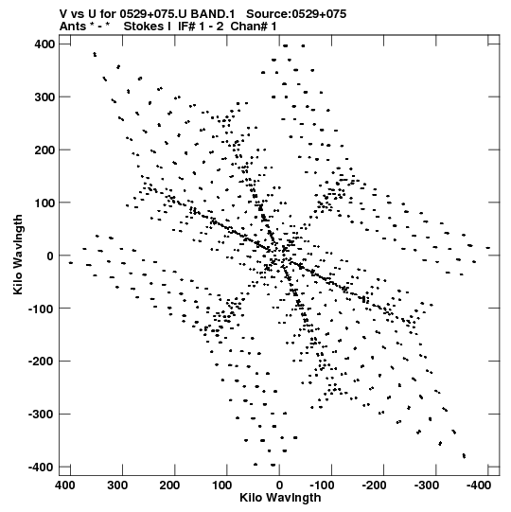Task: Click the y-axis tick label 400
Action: pos(44,44)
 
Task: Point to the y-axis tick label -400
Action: pos(42,467)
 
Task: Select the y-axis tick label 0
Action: pos(50,256)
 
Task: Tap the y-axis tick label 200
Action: pos(44,150)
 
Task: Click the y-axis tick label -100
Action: pos(42,309)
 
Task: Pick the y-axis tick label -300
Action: pos(42,414)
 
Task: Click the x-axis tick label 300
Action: pos(117,486)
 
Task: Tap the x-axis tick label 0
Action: pos(279,486)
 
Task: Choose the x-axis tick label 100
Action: pos(221,486)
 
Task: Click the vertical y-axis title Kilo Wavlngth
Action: pos(18,255)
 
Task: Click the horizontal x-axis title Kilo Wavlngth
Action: pos(280,498)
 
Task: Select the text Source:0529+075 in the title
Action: pos(296,14)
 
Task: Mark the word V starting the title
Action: pos(63,14)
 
